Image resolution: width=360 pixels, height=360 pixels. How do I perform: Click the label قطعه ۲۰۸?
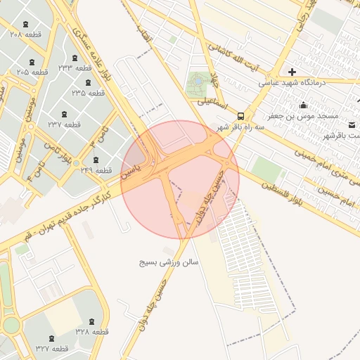tap(27, 34)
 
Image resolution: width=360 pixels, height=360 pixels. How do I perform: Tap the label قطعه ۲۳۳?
tap(75, 67)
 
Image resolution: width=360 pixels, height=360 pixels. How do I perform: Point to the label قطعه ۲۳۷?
tap(64, 124)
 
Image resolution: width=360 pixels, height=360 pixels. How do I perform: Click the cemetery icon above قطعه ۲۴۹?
tap(96, 159)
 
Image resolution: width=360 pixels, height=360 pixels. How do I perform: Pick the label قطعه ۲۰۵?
tap(32, 72)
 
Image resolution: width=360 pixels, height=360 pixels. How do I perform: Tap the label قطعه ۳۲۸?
tap(91, 330)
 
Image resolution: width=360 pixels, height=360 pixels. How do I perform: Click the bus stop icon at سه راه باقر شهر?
tap(241, 115)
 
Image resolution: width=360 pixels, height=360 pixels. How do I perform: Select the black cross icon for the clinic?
tap(292, 71)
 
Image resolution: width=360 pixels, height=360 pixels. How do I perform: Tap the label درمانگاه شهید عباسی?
tap(289, 82)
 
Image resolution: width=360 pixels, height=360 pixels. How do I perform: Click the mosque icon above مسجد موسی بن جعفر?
tap(303, 105)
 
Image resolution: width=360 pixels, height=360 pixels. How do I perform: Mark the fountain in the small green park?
tap(198, 82)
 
